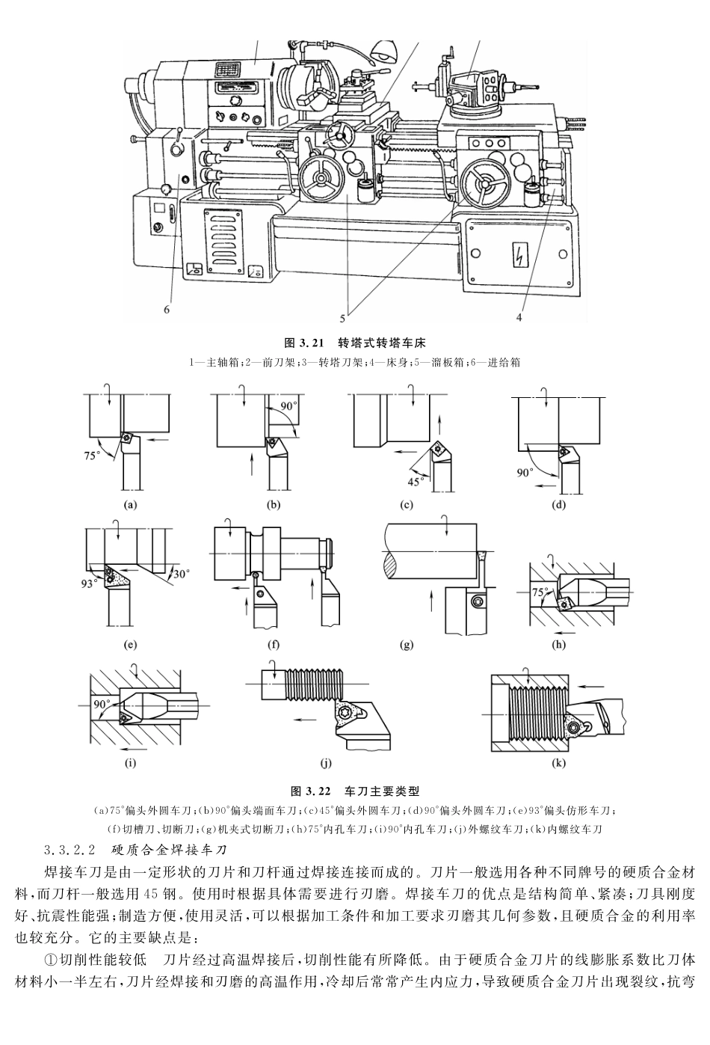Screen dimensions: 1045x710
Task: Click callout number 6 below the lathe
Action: (x=167, y=307)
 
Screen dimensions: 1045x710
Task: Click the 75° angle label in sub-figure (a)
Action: (x=95, y=453)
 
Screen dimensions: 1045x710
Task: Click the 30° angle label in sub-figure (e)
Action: (x=181, y=573)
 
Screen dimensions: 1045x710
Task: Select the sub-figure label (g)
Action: (x=407, y=644)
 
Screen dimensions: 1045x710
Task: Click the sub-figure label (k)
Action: (x=558, y=764)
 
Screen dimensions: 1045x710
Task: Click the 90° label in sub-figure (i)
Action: (x=102, y=704)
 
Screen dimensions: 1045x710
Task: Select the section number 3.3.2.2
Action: (x=70, y=851)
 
